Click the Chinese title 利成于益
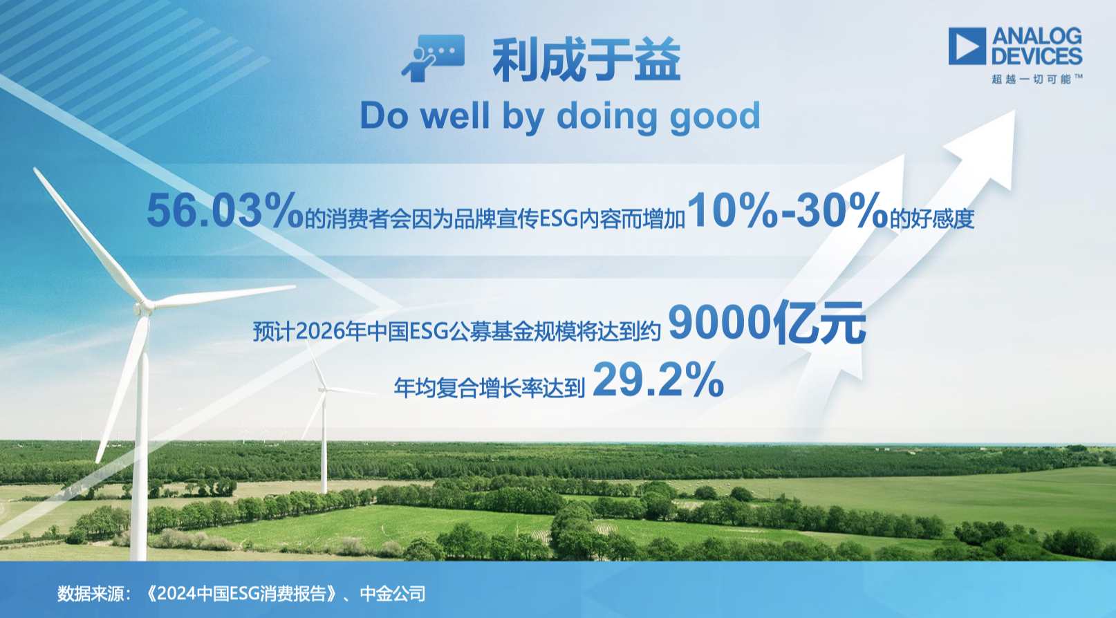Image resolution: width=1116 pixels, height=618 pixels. [586, 59]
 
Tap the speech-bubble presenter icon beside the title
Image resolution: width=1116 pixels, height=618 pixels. [433, 58]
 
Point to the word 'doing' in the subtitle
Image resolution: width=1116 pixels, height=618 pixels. [606, 118]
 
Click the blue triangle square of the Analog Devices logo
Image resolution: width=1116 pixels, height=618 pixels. [967, 46]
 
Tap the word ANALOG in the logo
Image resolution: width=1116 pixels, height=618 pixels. [1036, 37]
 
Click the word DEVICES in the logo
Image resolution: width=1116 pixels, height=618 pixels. [1036, 56]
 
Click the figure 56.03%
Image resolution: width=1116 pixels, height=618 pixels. [225, 210]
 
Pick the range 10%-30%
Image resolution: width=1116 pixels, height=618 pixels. [787, 210]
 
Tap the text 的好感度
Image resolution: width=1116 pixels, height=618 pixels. [932, 219]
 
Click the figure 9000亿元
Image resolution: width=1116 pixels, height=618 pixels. [767, 323]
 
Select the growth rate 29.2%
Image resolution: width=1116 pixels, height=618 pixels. [658, 380]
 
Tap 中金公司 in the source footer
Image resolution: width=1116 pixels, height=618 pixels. [393, 594]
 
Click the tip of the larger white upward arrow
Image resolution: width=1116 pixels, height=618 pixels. [1015, 111]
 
